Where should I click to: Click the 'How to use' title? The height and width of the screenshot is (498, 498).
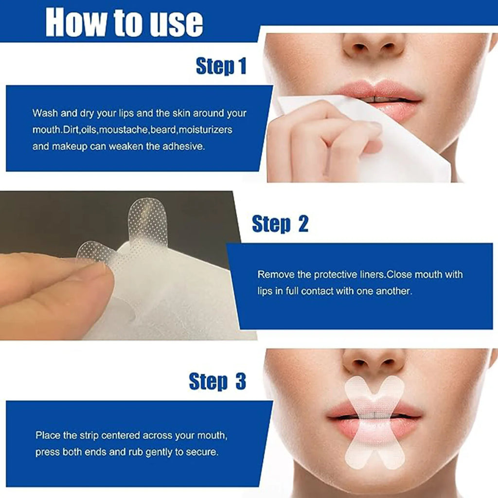click(x=124, y=22)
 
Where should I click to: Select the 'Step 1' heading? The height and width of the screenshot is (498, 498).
click(x=221, y=66)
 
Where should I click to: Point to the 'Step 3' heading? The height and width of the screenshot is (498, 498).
click(x=217, y=381)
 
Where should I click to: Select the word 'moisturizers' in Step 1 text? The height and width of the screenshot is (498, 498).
click(x=205, y=130)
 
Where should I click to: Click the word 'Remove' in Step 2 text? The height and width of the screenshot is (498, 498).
click(x=276, y=275)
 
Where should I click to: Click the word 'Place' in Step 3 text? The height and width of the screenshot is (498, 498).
click(x=47, y=435)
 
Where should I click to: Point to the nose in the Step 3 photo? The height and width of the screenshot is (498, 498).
click(x=373, y=362)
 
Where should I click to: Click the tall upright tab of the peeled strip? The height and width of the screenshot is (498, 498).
click(x=147, y=219)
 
